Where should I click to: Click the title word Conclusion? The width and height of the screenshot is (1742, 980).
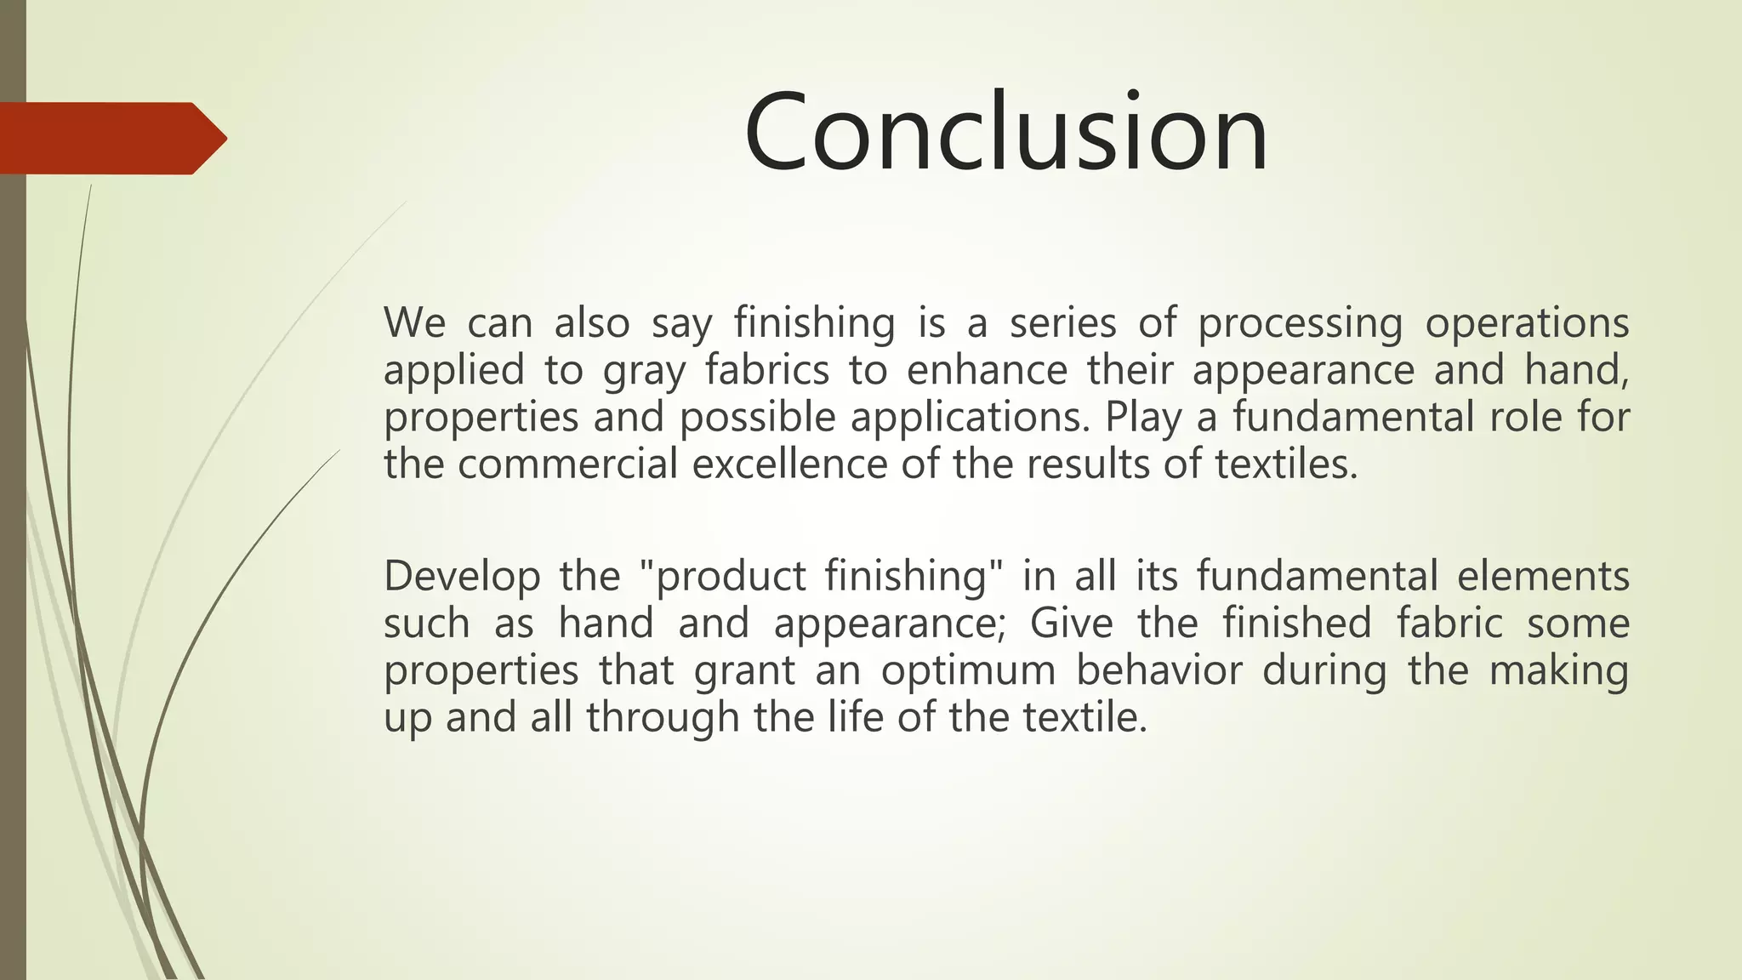coord(1006,133)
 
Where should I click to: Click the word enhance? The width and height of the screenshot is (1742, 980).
coord(987,370)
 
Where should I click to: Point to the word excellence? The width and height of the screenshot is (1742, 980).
coord(790,464)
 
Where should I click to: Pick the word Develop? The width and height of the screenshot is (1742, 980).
coord(462,577)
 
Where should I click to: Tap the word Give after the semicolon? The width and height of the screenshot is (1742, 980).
coord(1071,623)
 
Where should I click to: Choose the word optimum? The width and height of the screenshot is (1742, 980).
coord(968,671)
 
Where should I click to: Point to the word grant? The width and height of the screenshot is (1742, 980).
coord(744,671)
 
